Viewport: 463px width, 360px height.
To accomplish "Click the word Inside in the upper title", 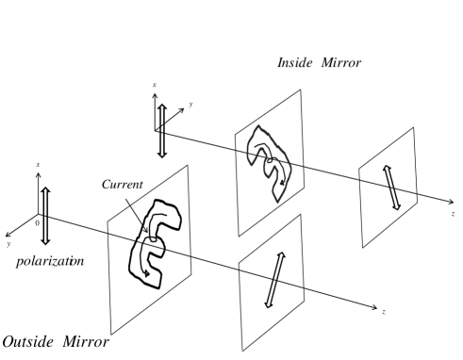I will [294, 61].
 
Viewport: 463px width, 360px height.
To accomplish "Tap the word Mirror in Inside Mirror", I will [343, 61].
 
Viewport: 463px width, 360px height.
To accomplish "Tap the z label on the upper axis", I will [455, 216].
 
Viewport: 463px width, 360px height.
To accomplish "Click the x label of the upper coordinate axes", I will [154, 86].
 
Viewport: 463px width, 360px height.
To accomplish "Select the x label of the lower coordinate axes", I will [38, 164].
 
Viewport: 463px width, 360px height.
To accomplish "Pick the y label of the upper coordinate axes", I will [189, 105].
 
